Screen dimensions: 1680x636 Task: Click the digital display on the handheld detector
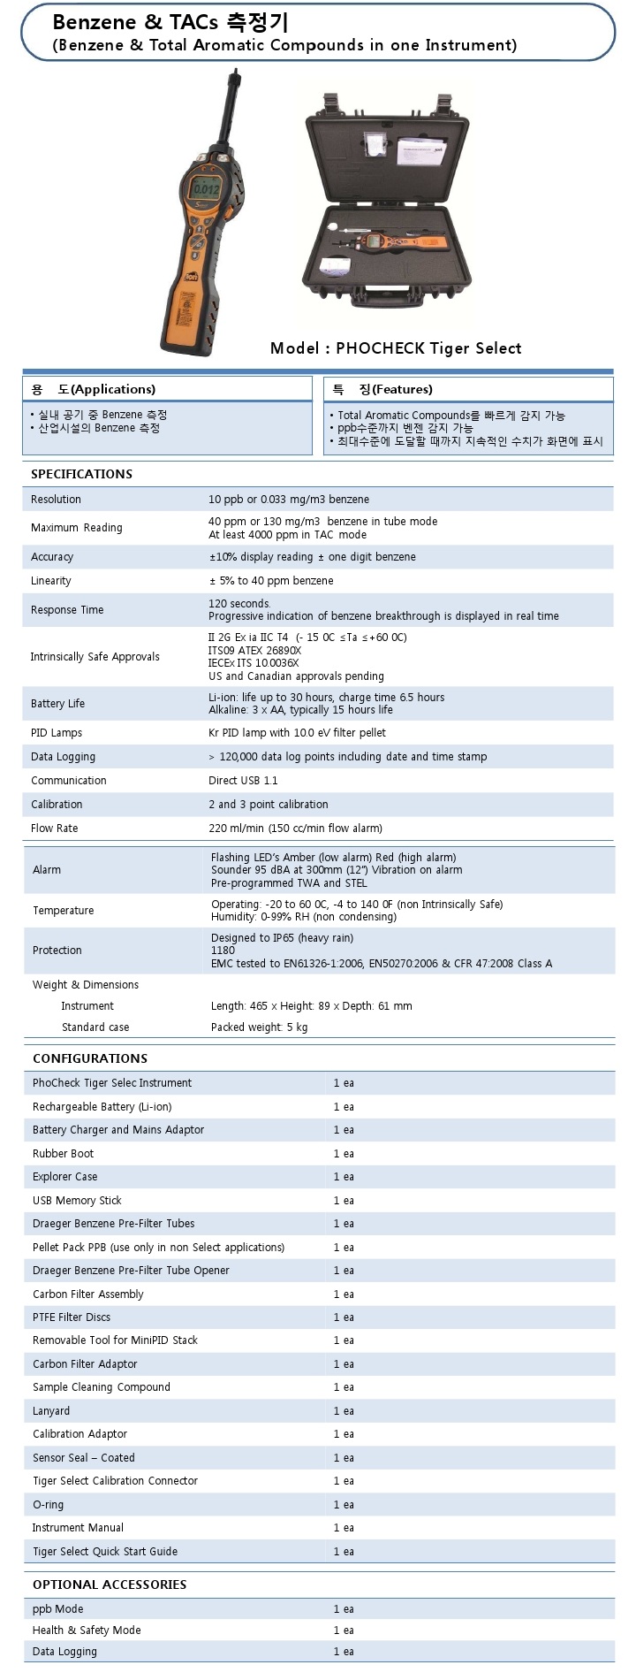[x=206, y=188]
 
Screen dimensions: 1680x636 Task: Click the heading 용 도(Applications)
[x=93, y=389]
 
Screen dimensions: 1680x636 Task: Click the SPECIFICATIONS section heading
[x=81, y=474]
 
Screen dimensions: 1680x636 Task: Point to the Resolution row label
[x=56, y=500]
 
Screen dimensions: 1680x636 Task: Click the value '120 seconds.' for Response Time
[x=239, y=603]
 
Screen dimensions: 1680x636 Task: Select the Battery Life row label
[x=57, y=704]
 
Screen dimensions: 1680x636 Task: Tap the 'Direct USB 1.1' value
[x=243, y=781]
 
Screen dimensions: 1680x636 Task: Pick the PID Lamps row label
[x=57, y=733]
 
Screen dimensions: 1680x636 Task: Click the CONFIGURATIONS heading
[x=90, y=1058]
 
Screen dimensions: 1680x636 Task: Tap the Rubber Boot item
[x=63, y=1154]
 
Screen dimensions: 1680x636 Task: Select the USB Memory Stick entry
[x=77, y=1201]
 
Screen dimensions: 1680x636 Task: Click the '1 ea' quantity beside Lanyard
[x=344, y=1411]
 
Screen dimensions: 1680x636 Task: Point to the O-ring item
[x=48, y=1505]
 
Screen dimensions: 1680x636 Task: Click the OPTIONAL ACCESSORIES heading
[x=110, y=1585]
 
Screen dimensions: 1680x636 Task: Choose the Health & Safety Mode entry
[x=87, y=1630]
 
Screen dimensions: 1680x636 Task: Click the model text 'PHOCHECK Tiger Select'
[x=428, y=348]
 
